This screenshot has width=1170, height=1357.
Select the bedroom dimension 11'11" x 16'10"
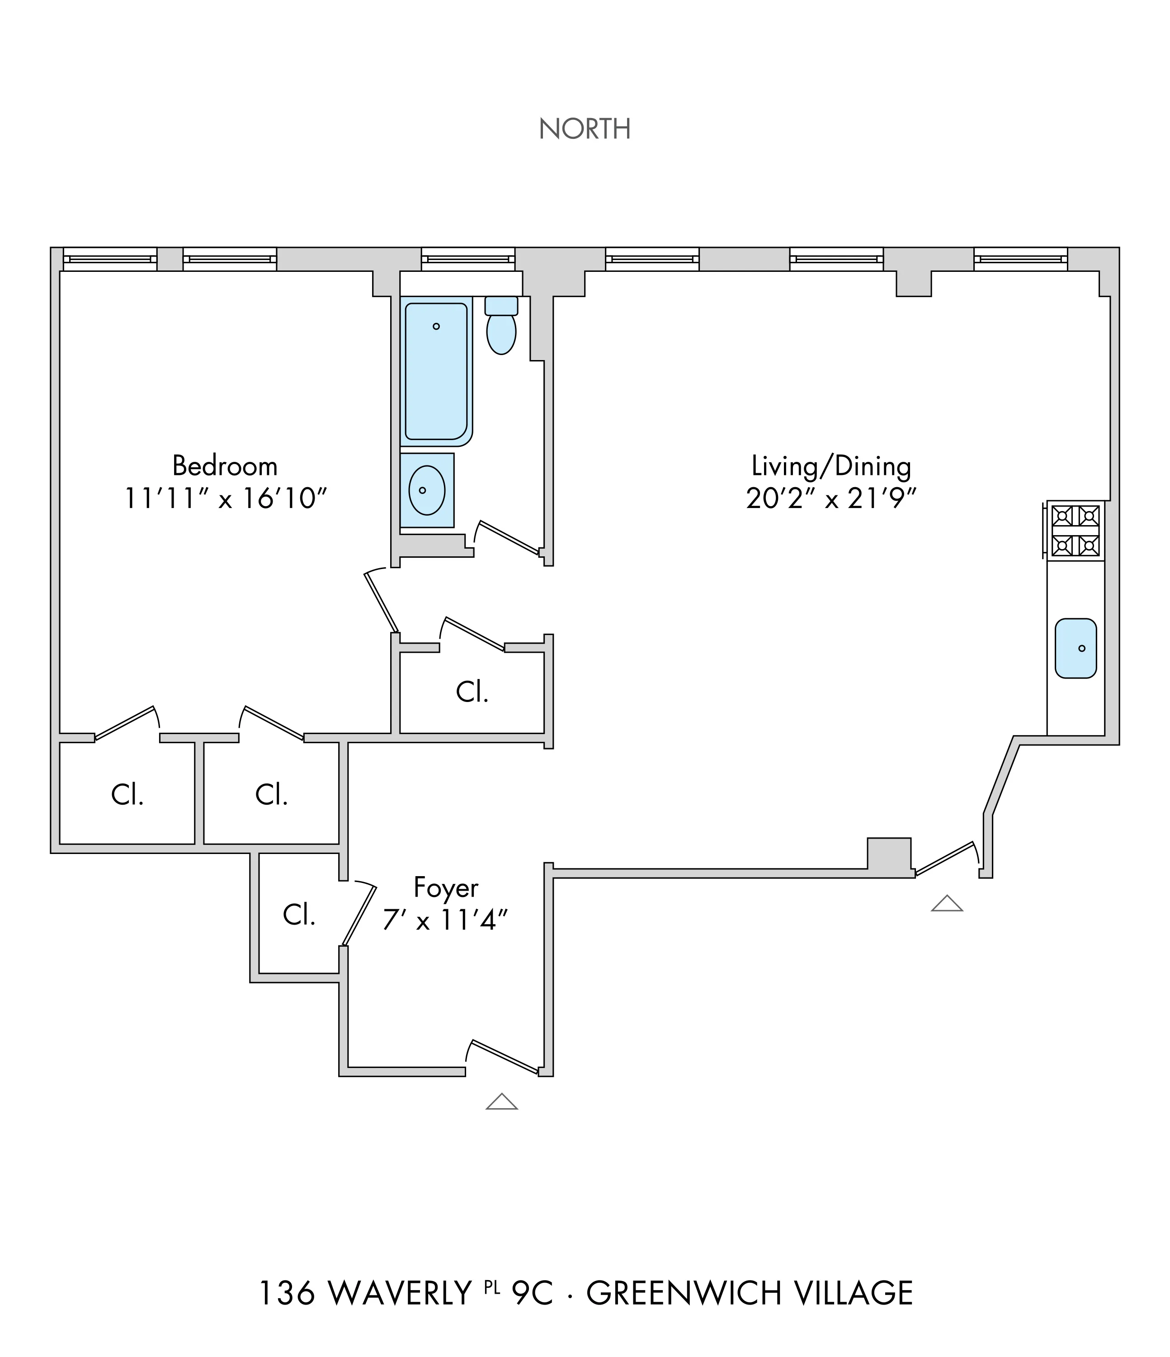pyautogui.click(x=225, y=499)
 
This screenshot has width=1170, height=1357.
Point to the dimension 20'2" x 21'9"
pyautogui.click(x=831, y=499)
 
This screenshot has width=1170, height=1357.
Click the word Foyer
pyautogui.click(x=446, y=888)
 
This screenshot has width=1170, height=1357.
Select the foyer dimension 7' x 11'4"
pyautogui.click(x=445, y=921)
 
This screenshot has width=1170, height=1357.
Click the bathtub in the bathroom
pyautogui.click(x=436, y=370)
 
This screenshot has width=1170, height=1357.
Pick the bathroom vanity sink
pyautogui.click(x=427, y=490)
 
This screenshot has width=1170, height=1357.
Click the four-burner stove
pyautogui.click(x=1076, y=531)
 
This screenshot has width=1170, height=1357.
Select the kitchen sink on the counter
pyautogui.click(x=1076, y=648)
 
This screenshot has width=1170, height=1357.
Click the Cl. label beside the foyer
pyautogui.click(x=299, y=915)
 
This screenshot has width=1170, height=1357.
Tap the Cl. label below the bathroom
pyautogui.click(x=472, y=692)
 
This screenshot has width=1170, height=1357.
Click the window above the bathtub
pyautogui.click(x=467, y=259)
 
